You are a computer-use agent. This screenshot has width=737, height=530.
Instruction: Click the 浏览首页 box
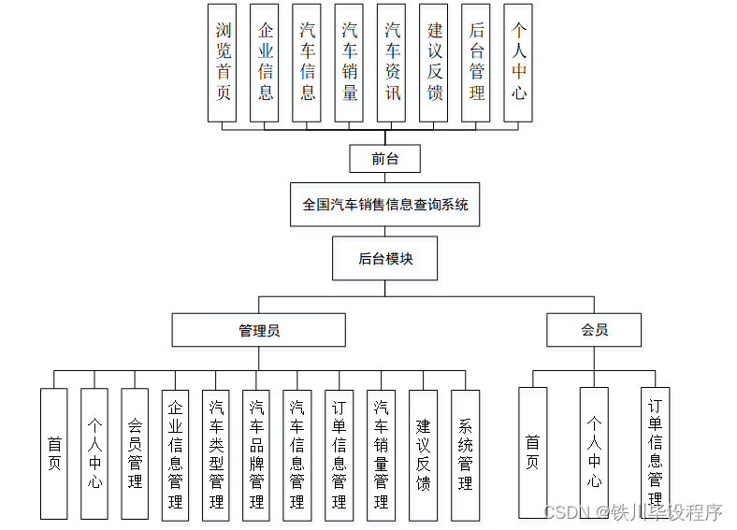pyautogui.click(x=223, y=63)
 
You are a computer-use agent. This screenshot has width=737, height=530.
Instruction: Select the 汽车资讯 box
pyautogui.click(x=392, y=63)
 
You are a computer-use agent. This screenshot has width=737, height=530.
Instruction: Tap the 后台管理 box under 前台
pyautogui.click(x=477, y=63)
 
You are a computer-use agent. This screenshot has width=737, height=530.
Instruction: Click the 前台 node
pyautogui.click(x=384, y=159)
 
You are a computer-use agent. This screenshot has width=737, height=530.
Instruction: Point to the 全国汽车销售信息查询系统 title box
pyautogui.click(x=384, y=204)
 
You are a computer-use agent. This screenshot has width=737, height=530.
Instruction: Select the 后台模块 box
pyautogui.click(x=384, y=258)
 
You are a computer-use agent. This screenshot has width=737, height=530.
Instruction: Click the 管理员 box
pyautogui.click(x=258, y=330)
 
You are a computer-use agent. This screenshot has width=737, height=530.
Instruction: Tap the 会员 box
pyautogui.click(x=594, y=330)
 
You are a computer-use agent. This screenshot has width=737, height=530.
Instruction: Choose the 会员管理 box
pyautogui.click(x=135, y=454)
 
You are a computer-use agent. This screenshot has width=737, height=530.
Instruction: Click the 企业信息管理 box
pyautogui.click(x=175, y=454)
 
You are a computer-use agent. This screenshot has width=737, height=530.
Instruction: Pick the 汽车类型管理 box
pyautogui.click(x=216, y=454)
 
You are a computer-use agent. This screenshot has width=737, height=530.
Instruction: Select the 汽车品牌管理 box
pyautogui.click(x=256, y=454)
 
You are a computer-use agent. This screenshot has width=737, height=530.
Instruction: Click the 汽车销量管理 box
pyautogui.click(x=381, y=454)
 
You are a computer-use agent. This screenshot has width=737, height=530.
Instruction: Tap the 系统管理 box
pyautogui.click(x=465, y=454)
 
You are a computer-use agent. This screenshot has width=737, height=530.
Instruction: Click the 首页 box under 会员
pyautogui.click(x=532, y=452)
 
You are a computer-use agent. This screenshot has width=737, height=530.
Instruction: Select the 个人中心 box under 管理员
pyautogui.click(x=94, y=454)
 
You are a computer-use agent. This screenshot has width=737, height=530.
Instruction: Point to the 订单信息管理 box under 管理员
pyautogui.click(x=339, y=454)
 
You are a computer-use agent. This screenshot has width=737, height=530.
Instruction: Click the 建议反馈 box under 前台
pyautogui.click(x=434, y=63)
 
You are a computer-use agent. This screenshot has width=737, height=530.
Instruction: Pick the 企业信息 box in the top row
pyautogui.click(x=265, y=63)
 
